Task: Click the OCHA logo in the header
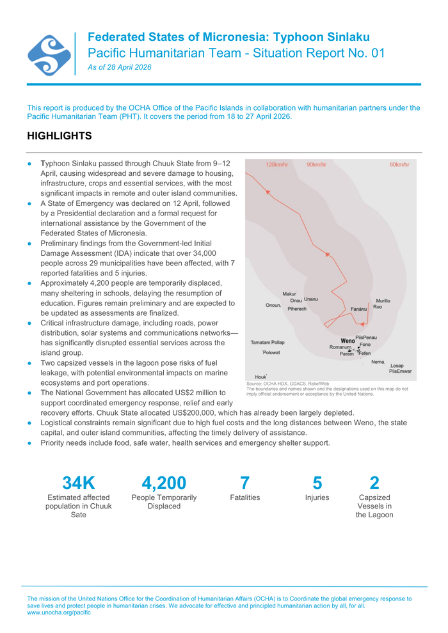49,55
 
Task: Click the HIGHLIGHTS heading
60,136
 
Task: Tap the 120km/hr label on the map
277,165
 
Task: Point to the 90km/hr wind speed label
316,165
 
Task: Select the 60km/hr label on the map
399,165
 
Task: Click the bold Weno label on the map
348,341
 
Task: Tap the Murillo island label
383,301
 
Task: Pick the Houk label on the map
260,377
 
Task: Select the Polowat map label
271,352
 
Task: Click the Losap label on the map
397,366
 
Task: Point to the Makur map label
289,294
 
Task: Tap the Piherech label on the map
297,309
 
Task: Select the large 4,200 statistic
164,483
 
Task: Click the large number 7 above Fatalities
244,483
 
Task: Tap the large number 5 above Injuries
317,483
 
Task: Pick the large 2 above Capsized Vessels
374,483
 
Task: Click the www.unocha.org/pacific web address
59,613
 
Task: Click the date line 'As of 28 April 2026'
120,67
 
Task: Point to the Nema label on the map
378,362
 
